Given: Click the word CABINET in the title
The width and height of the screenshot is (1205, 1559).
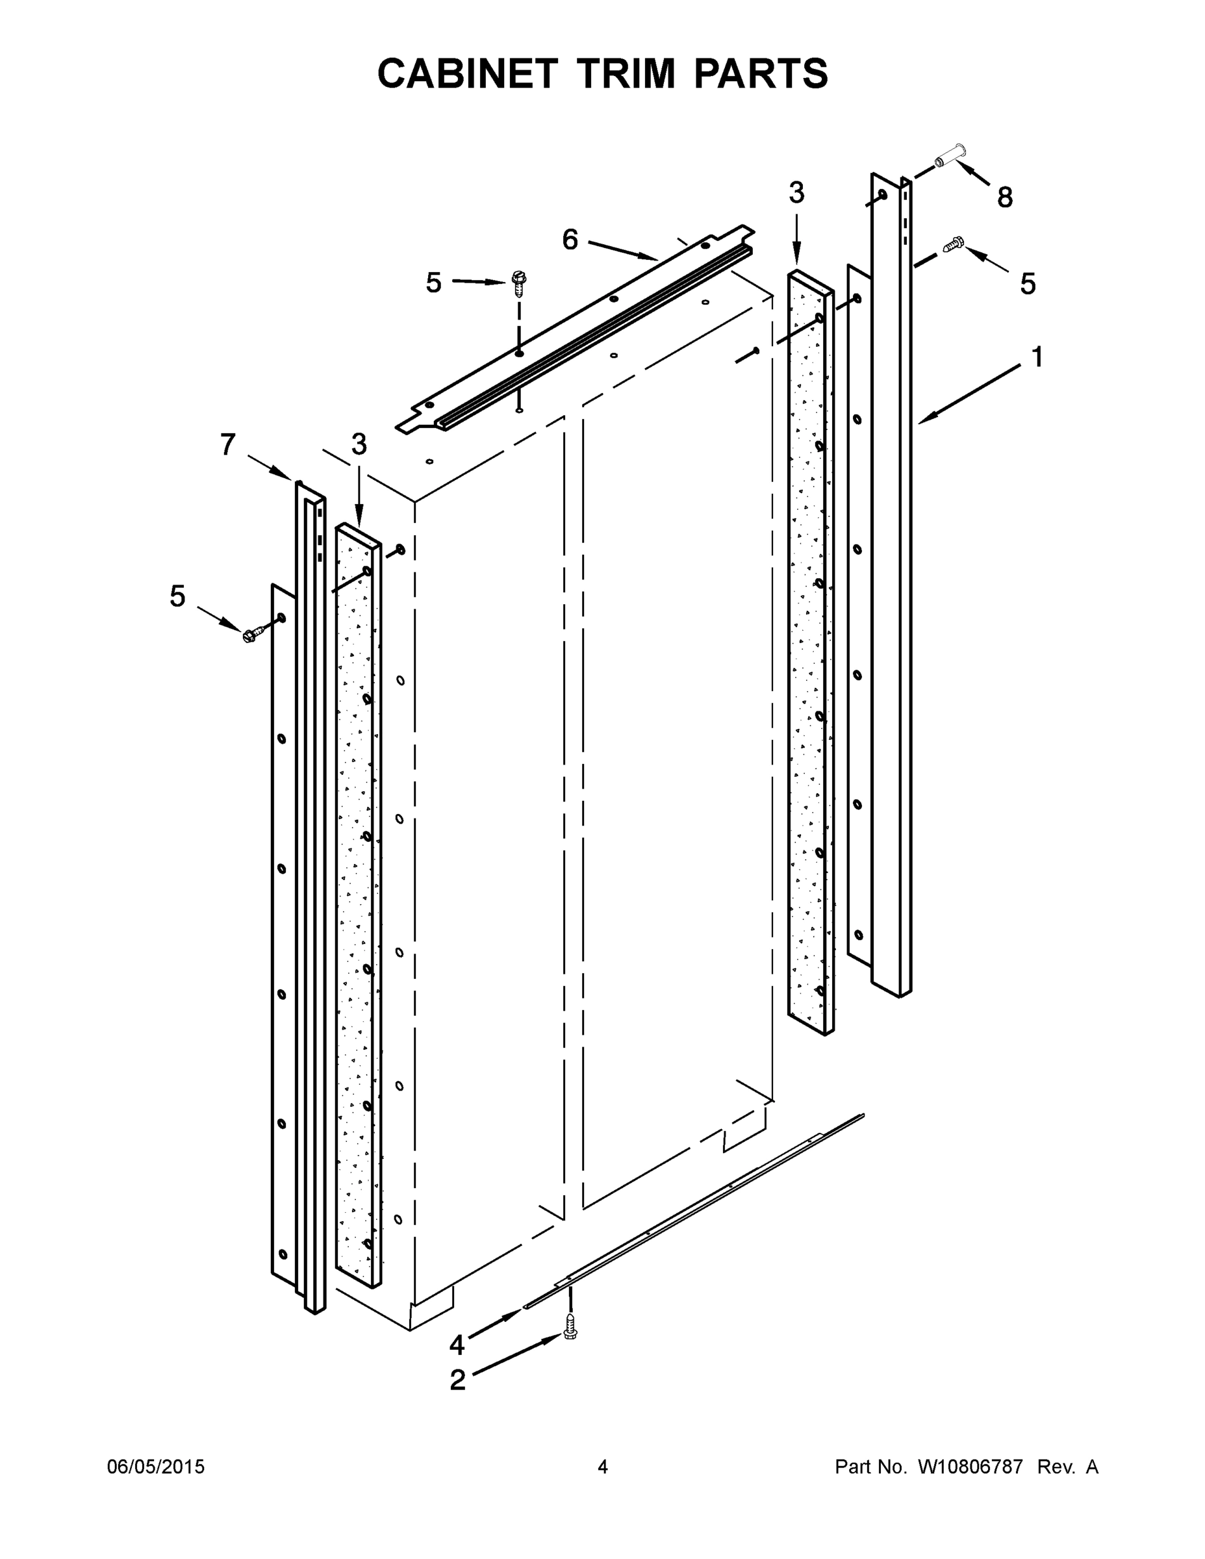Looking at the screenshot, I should (467, 73).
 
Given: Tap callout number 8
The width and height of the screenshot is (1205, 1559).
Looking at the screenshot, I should (1004, 197).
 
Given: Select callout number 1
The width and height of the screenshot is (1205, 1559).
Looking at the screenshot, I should (1037, 357).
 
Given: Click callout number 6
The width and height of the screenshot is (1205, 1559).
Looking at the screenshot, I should (570, 240).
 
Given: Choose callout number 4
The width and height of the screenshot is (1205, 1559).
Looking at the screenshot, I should (457, 1345).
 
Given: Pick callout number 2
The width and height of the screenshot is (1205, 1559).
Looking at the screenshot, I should (457, 1380).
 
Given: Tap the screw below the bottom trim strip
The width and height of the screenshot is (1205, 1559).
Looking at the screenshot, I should (570, 1326).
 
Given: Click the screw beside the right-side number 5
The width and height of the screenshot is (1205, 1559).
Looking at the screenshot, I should (953, 245).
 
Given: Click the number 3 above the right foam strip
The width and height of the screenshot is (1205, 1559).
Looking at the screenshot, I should (796, 193).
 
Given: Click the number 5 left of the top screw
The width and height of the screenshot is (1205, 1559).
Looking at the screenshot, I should (433, 283).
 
